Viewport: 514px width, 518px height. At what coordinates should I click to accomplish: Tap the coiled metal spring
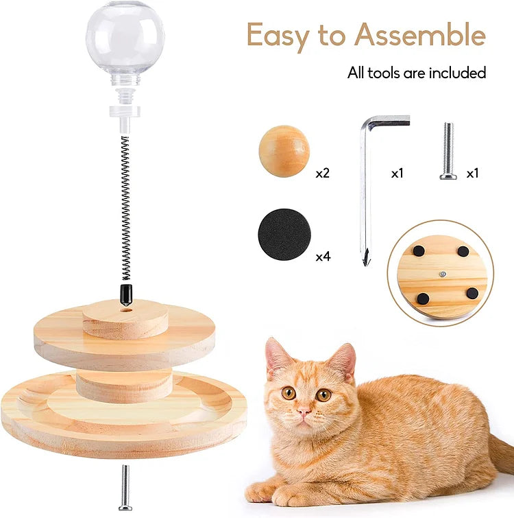125,206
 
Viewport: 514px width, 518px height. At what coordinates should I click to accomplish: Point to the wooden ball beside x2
284,151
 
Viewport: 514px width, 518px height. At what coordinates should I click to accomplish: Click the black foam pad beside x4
284,235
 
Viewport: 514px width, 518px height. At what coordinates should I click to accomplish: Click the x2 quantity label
323,174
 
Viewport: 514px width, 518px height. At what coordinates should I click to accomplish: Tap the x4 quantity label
323,257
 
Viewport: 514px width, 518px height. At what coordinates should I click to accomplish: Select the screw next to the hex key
448,151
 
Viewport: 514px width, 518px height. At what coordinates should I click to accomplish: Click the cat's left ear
278,357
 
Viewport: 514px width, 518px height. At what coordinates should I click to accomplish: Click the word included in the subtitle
456,72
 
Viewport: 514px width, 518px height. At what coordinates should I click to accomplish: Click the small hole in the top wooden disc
127,309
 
